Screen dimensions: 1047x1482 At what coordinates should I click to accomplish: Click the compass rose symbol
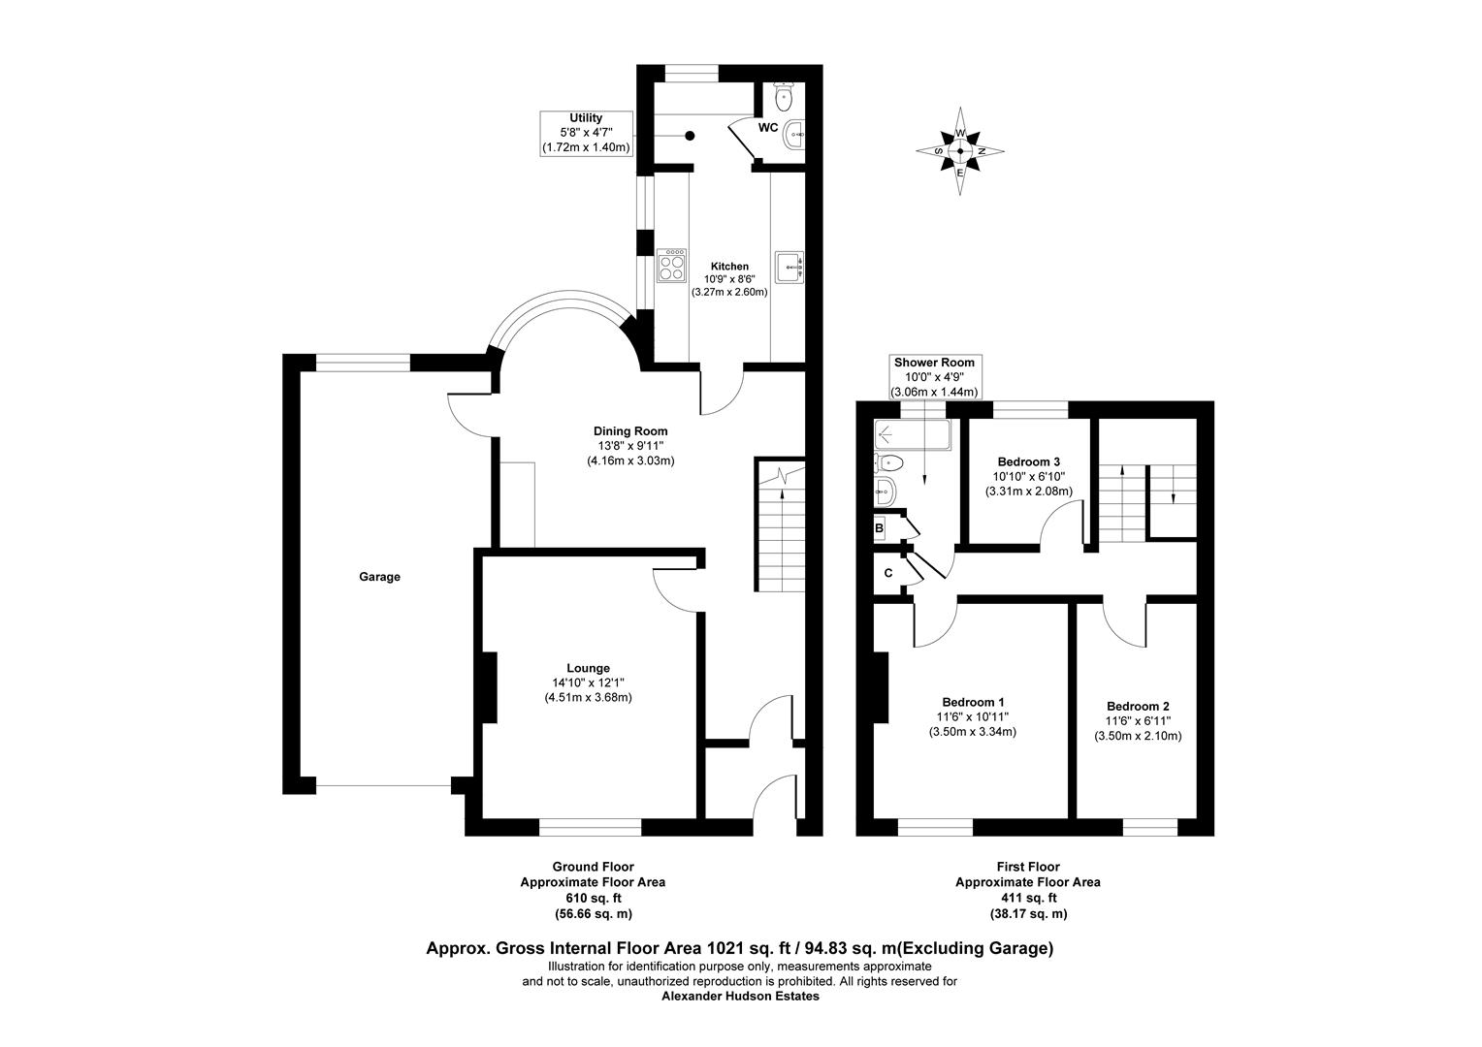click(960, 150)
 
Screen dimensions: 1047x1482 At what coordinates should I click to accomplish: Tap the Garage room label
click(379, 577)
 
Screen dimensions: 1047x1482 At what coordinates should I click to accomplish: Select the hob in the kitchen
click(670, 266)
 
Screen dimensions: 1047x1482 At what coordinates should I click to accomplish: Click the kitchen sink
click(789, 267)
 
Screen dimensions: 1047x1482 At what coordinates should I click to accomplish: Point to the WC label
click(768, 127)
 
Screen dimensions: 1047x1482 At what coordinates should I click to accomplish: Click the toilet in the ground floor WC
click(784, 97)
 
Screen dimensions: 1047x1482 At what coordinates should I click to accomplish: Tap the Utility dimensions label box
click(587, 133)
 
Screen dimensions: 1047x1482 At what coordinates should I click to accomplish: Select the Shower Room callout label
click(934, 376)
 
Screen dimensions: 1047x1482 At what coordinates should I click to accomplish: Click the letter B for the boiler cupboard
click(880, 528)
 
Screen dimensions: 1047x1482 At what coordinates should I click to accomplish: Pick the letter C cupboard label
click(887, 573)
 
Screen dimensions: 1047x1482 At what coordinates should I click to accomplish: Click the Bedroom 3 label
click(1029, 460)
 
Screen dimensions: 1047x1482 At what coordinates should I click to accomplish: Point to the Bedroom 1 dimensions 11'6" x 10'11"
click(973, 717)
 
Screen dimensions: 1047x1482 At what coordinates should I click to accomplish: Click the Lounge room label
click(588, 668)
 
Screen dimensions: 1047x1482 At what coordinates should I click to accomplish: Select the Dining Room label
click(630, 431)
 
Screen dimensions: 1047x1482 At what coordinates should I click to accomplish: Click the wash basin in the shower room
click(886, 491)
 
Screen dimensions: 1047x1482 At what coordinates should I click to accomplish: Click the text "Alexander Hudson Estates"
click(740, 996)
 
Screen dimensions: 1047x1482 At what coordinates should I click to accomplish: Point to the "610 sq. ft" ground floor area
click(593, 898)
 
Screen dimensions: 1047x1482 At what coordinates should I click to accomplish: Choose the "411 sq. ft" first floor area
click(1027, 898)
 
